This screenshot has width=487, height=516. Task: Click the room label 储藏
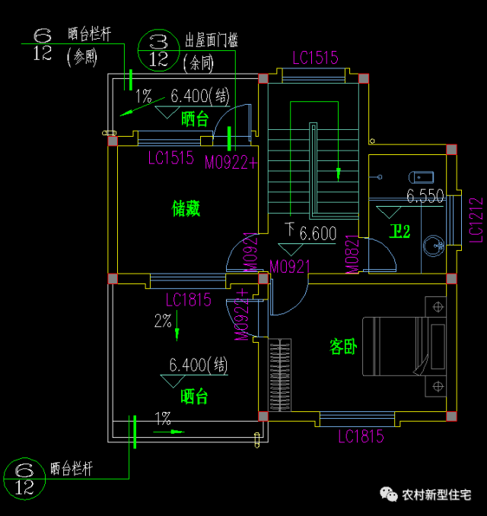pyautogui.click(x=187, y=208)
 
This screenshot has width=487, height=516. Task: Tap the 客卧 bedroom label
pyautogui.click(x=343, y=347)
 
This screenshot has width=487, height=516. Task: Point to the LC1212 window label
pyautogui.click(x=476, y=220)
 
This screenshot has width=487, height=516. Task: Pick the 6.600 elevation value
pyautogui.click(x=317, y=233)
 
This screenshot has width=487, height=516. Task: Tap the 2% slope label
pyautogui.click(x=164, y=321)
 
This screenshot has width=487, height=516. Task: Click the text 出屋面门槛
pyautogui.click(x=211, y=40)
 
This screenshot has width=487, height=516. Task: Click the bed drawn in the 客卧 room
pyautogui.click(x=403, y=347)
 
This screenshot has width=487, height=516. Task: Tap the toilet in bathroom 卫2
pyautogui.click(x=422, y=177)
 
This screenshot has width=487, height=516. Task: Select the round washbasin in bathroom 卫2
pyautogui.click(x=435, y=245)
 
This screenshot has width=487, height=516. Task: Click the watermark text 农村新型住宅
pyautogui.click(x=437, y=495)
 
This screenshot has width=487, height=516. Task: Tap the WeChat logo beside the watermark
pyautogui.click(x=390, y=495)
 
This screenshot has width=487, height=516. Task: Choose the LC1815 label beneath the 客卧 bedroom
pyautogui.click(x=361, y=436)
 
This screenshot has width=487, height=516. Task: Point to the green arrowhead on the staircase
pyautogui.click(x=339, y=174)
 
